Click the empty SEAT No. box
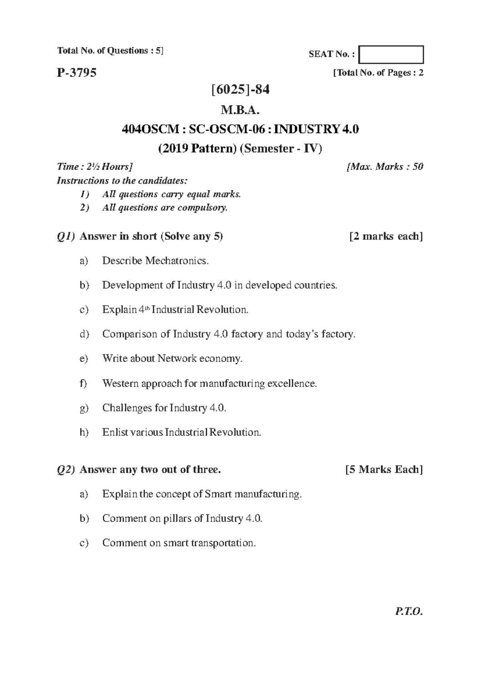coord(391,55)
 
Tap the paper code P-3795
coord(77,73)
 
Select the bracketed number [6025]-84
coord(240,89)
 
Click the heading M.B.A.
coord(240,110)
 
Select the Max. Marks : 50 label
coord(385,167)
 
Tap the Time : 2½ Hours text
coord(95,167)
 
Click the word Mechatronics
coord(177,261)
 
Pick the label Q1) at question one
coord(66,237)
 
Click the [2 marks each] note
coord(386,237)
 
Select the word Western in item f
coord(120,383)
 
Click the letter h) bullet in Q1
coord(84,433)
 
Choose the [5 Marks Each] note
coord(384,470)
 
